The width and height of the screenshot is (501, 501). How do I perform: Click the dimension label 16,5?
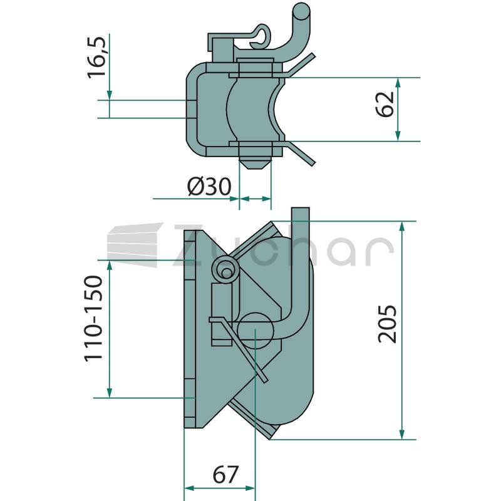tap(96, 57)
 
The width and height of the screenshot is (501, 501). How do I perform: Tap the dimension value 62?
tap(385, 104)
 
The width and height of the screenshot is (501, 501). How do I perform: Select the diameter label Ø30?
tap(209, 186)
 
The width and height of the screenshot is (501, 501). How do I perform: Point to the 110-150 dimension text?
tap(93, 319)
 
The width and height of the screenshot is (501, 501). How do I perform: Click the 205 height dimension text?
tap(387, 324)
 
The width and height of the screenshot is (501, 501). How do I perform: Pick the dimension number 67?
tap(225, 475)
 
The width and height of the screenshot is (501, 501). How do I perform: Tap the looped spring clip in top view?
tap(260, 35)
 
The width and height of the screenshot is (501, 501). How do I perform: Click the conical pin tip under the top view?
tap(256, 163)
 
